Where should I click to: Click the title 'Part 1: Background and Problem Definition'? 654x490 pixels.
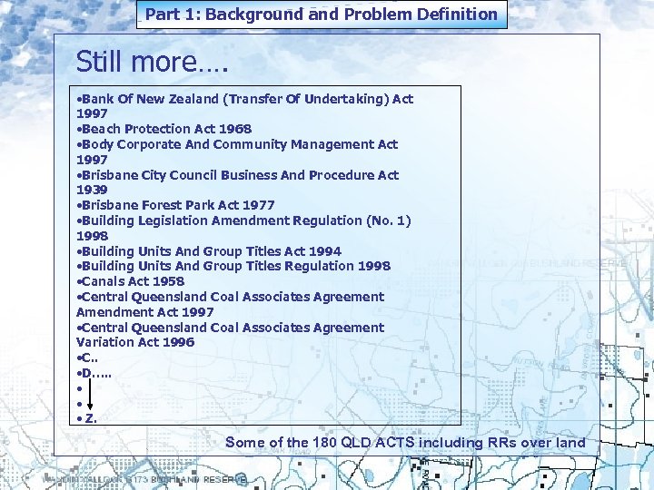coord(322,15)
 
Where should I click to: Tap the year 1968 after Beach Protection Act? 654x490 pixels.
coord(233,129)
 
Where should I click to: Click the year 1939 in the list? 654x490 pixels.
coord(93,190)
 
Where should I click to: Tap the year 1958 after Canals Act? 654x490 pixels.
coord(167,281)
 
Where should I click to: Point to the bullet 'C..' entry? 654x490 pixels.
coord(89,358)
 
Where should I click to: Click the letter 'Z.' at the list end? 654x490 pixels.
coord(91,418)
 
